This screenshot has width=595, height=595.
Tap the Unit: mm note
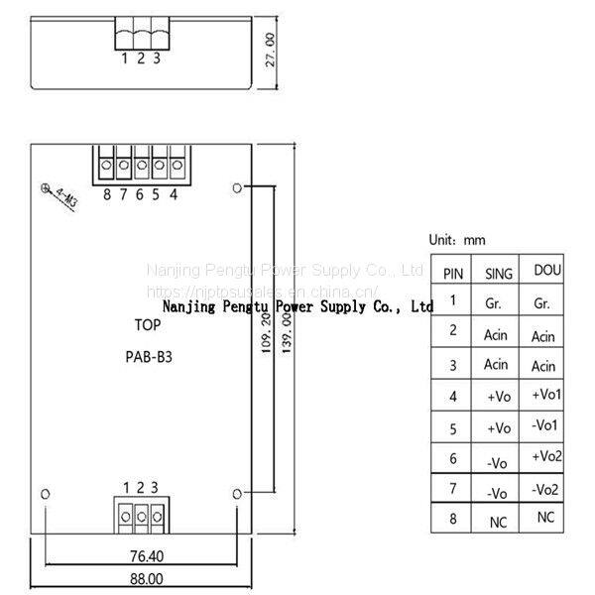(x=457, y=240)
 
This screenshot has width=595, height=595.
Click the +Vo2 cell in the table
(x=546, y=456)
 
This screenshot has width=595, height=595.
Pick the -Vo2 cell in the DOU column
(x=545, y=489)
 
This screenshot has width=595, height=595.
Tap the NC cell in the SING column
(x=498, y=521)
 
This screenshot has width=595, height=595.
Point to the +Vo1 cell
(x=546, y=395)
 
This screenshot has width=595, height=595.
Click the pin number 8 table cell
(x=452, y=519)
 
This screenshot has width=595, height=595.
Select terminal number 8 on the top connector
(x=107, y=195)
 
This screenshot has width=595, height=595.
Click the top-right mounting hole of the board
(x=236, y=185)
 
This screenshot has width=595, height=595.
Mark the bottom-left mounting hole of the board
(x=44, y=492)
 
